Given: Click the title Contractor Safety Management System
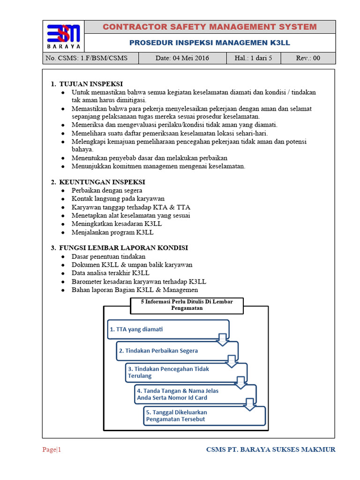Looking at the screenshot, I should click(210, 27).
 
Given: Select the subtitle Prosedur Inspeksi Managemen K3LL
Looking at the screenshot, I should click(210, 43).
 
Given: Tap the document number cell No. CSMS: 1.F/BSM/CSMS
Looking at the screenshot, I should click(85, 59).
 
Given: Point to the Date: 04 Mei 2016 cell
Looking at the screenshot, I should click(182, 59).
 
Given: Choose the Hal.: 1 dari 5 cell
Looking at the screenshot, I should click(253, 59).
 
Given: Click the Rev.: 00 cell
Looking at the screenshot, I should click(308, 59).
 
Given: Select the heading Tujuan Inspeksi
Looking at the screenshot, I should click(90, 84).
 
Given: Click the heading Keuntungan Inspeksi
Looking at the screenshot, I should click(102, 182).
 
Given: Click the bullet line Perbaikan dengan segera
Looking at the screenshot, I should click(107, 191).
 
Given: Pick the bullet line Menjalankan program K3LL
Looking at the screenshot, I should click(112, 232).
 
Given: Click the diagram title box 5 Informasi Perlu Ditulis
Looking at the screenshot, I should click(187, 305).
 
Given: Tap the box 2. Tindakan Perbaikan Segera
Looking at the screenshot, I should click(177, 351).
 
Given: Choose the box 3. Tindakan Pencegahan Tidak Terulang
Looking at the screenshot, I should click(186, 372).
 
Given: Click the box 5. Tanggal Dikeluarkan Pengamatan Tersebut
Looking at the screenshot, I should click(204, 416).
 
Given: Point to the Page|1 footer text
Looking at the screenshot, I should click(52, 450).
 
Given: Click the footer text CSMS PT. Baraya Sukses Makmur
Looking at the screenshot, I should click(271, 450).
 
